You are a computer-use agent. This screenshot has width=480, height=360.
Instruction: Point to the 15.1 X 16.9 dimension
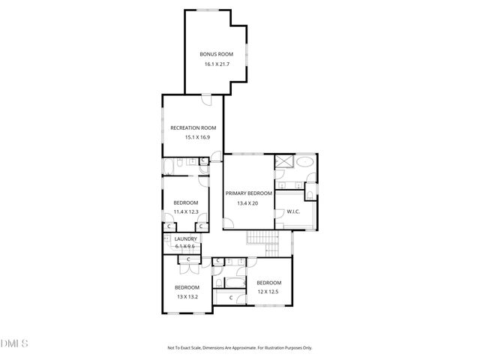(x=197, y=137)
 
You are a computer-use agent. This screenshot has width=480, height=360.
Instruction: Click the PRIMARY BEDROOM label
(x=250, y=193)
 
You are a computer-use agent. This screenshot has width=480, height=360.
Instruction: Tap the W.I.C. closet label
(x=292, y=211)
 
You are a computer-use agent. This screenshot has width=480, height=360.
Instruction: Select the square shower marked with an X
(x=284, y=163)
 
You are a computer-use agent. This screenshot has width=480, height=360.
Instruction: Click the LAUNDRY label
(x=185, y=238)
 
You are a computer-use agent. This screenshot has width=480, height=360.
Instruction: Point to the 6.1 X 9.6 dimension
(x=184, y=246)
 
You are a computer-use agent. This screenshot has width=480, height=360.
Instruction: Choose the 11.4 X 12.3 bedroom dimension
(x=185, y=211)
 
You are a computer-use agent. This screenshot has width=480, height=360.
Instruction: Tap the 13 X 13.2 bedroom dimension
(x=187, y=297)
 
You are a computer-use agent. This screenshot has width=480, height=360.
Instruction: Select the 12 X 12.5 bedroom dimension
(x=268, y=292)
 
